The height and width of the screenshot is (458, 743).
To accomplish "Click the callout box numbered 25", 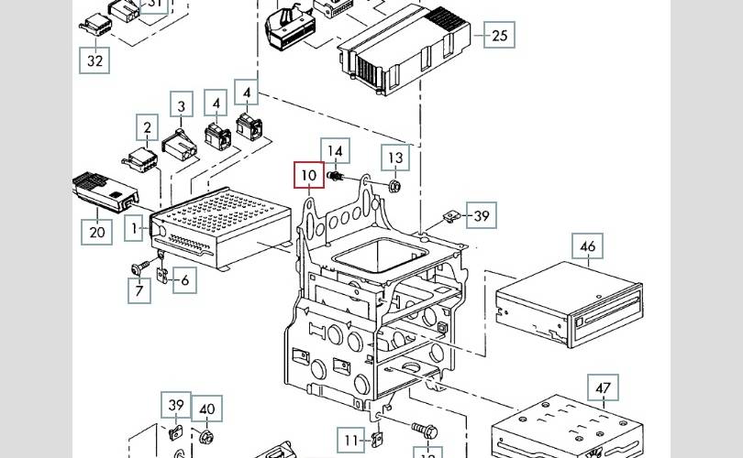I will click(499, 36).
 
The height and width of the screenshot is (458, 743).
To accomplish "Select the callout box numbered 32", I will click(94, 60).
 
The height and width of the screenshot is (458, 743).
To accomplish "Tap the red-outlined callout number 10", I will click(309, 174).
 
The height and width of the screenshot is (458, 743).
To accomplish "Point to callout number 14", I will click(336, 151).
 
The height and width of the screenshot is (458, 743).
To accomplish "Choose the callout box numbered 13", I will click(394, 158).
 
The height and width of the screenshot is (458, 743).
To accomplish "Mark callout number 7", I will click(139, 291).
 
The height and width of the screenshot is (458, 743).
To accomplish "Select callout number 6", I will click(183, 280).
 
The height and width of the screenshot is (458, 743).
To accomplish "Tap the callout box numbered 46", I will click(588, 246).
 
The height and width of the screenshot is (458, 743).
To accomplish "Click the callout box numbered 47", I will click(603, 388).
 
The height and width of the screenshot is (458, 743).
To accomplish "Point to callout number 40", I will click(206, 409).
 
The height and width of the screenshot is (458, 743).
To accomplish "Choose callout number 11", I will click(349, 441).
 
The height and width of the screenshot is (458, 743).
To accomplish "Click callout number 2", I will click(146, 127).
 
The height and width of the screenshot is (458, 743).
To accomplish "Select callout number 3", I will click(182, 106).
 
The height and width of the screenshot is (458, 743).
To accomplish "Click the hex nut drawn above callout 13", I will click(394, 186).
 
